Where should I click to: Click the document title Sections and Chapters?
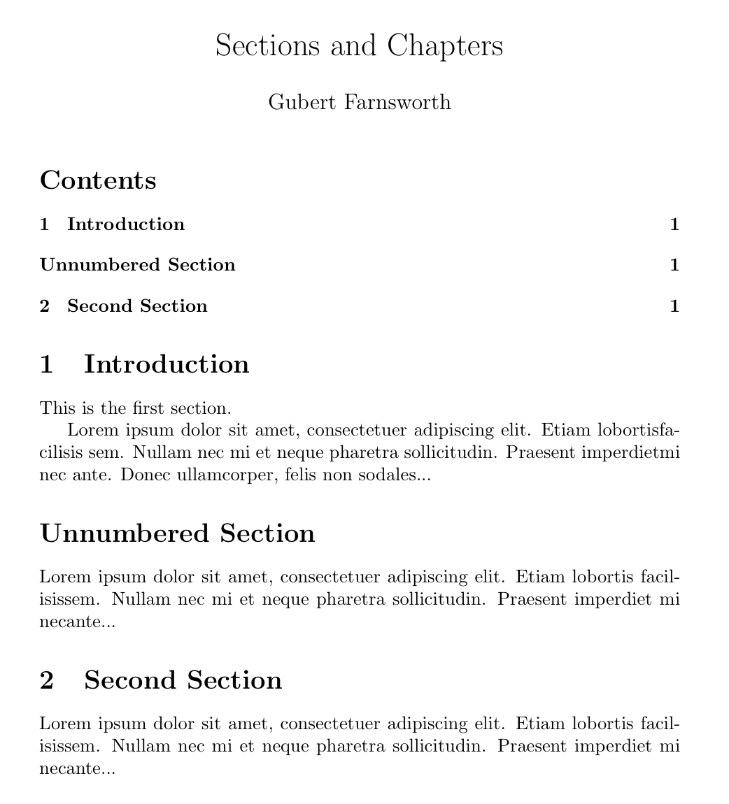[359, 46]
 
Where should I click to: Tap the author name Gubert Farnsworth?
[359, 103]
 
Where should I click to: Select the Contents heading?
[98, 180]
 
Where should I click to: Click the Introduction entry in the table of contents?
[126, 224]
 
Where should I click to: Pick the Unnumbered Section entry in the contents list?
[138, 265]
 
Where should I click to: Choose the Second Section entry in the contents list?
[137, 306]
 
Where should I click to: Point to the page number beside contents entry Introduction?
[674, 224]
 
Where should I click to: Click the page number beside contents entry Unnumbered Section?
[674, 265]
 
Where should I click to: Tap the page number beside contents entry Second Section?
[674, 306]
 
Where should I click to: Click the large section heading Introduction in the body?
[167, 364]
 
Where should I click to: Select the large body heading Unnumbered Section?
[178, 533]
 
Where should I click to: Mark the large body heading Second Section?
[183, 680]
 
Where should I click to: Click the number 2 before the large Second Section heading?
[47, 680]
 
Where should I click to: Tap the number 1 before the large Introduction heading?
[47, 364]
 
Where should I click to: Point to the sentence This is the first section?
[136, 408]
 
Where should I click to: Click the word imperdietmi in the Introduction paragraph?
[636, 453]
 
